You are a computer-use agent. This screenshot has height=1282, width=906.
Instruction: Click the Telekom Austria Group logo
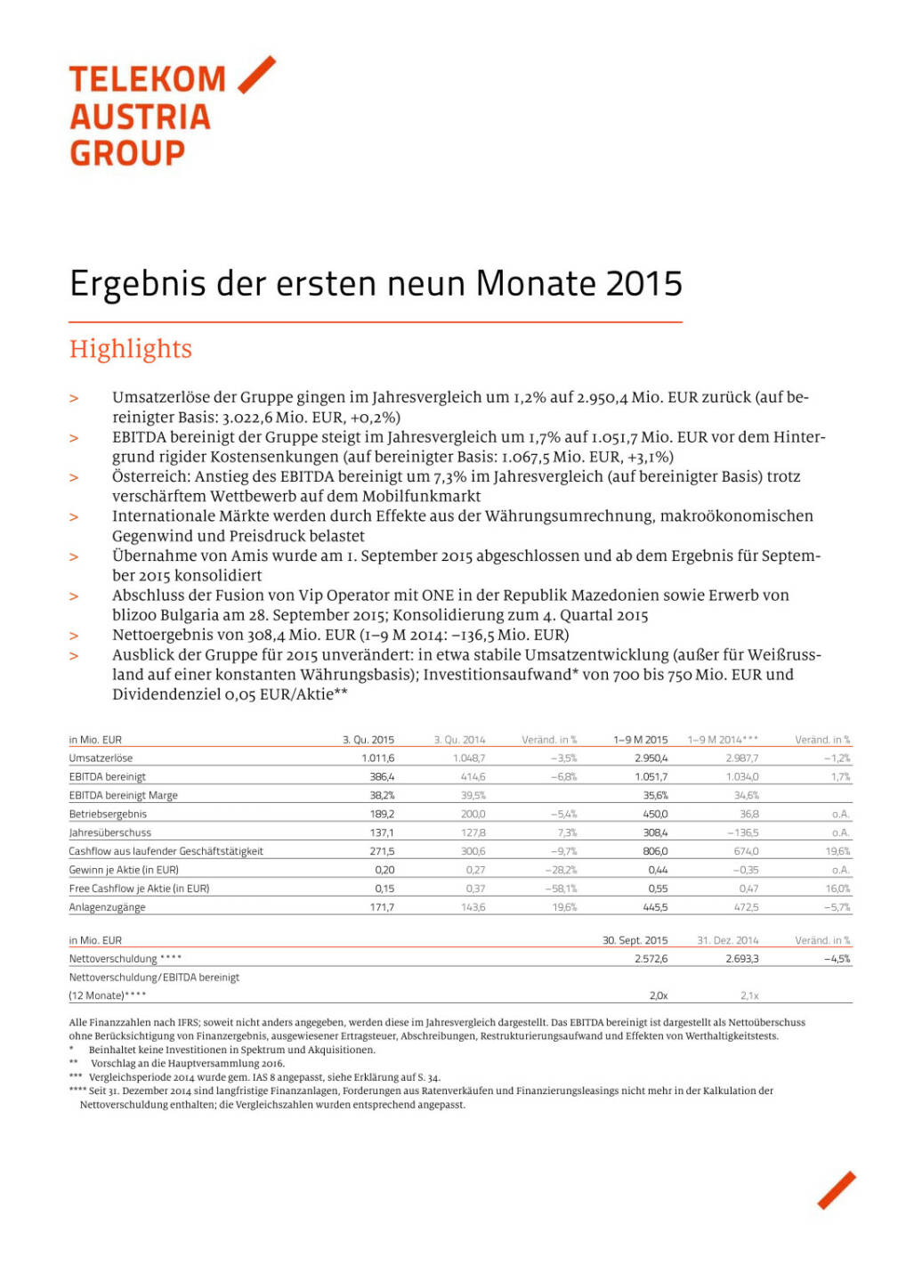[x=169, y=113]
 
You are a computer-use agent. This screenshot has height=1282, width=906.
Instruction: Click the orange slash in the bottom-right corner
[x=836, y=1190]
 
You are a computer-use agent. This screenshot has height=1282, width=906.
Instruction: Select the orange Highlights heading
[x=131, y=349]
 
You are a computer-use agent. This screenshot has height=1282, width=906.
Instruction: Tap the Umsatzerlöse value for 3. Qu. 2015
[x=377, y=759]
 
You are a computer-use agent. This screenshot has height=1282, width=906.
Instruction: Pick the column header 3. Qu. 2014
[x=459, y=740]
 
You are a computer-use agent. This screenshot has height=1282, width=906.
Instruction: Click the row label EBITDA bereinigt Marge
[x=123, y=796]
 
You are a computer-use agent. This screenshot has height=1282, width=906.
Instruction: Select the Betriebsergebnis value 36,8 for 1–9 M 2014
[x=748, y=815]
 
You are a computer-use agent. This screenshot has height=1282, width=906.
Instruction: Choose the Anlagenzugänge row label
[x=107, y=907]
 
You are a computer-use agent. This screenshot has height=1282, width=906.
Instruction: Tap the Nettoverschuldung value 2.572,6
[x=651, y=959]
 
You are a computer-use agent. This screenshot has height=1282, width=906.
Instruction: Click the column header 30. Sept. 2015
[x=635, y=940]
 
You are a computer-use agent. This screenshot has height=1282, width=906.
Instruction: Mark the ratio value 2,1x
[x=748, y=996]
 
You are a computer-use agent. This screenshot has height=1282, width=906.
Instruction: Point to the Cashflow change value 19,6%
[x=837, y=852]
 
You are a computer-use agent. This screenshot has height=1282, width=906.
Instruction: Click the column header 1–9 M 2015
[x=640, y=740]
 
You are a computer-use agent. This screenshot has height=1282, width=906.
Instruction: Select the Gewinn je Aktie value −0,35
[x=745, y=870]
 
